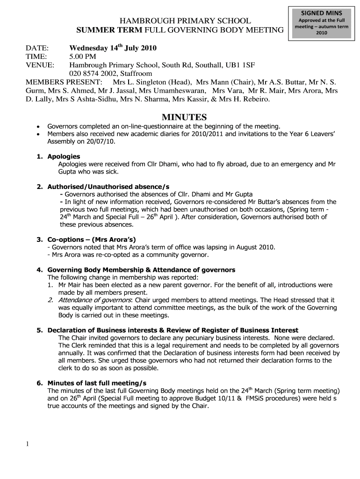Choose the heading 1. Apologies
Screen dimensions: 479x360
pos(58,156)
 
